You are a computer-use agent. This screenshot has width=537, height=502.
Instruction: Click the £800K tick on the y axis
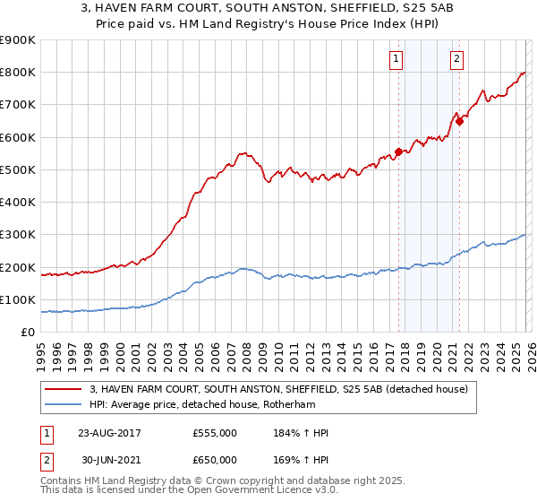pyautogui.click(x=18, y=73)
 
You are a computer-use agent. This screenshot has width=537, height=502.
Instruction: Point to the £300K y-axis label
pyautogui.click(x=18, y=235)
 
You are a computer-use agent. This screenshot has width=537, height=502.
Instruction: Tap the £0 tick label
pyautogui.click(x=28, y=333)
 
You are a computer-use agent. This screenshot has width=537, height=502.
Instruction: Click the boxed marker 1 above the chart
pyautogui.click(x=396, y=60)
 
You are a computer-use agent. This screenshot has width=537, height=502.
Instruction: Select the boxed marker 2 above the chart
pyautogui.click(x=456, y=60)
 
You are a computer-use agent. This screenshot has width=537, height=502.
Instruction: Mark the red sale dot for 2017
pyautogui.click(x=398, y=151)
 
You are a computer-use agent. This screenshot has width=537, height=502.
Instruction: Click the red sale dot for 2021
pyautogui.click(x=459, y=121)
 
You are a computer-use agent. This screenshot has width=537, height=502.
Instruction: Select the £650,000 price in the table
pyautogui.click(x=215, y=459)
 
